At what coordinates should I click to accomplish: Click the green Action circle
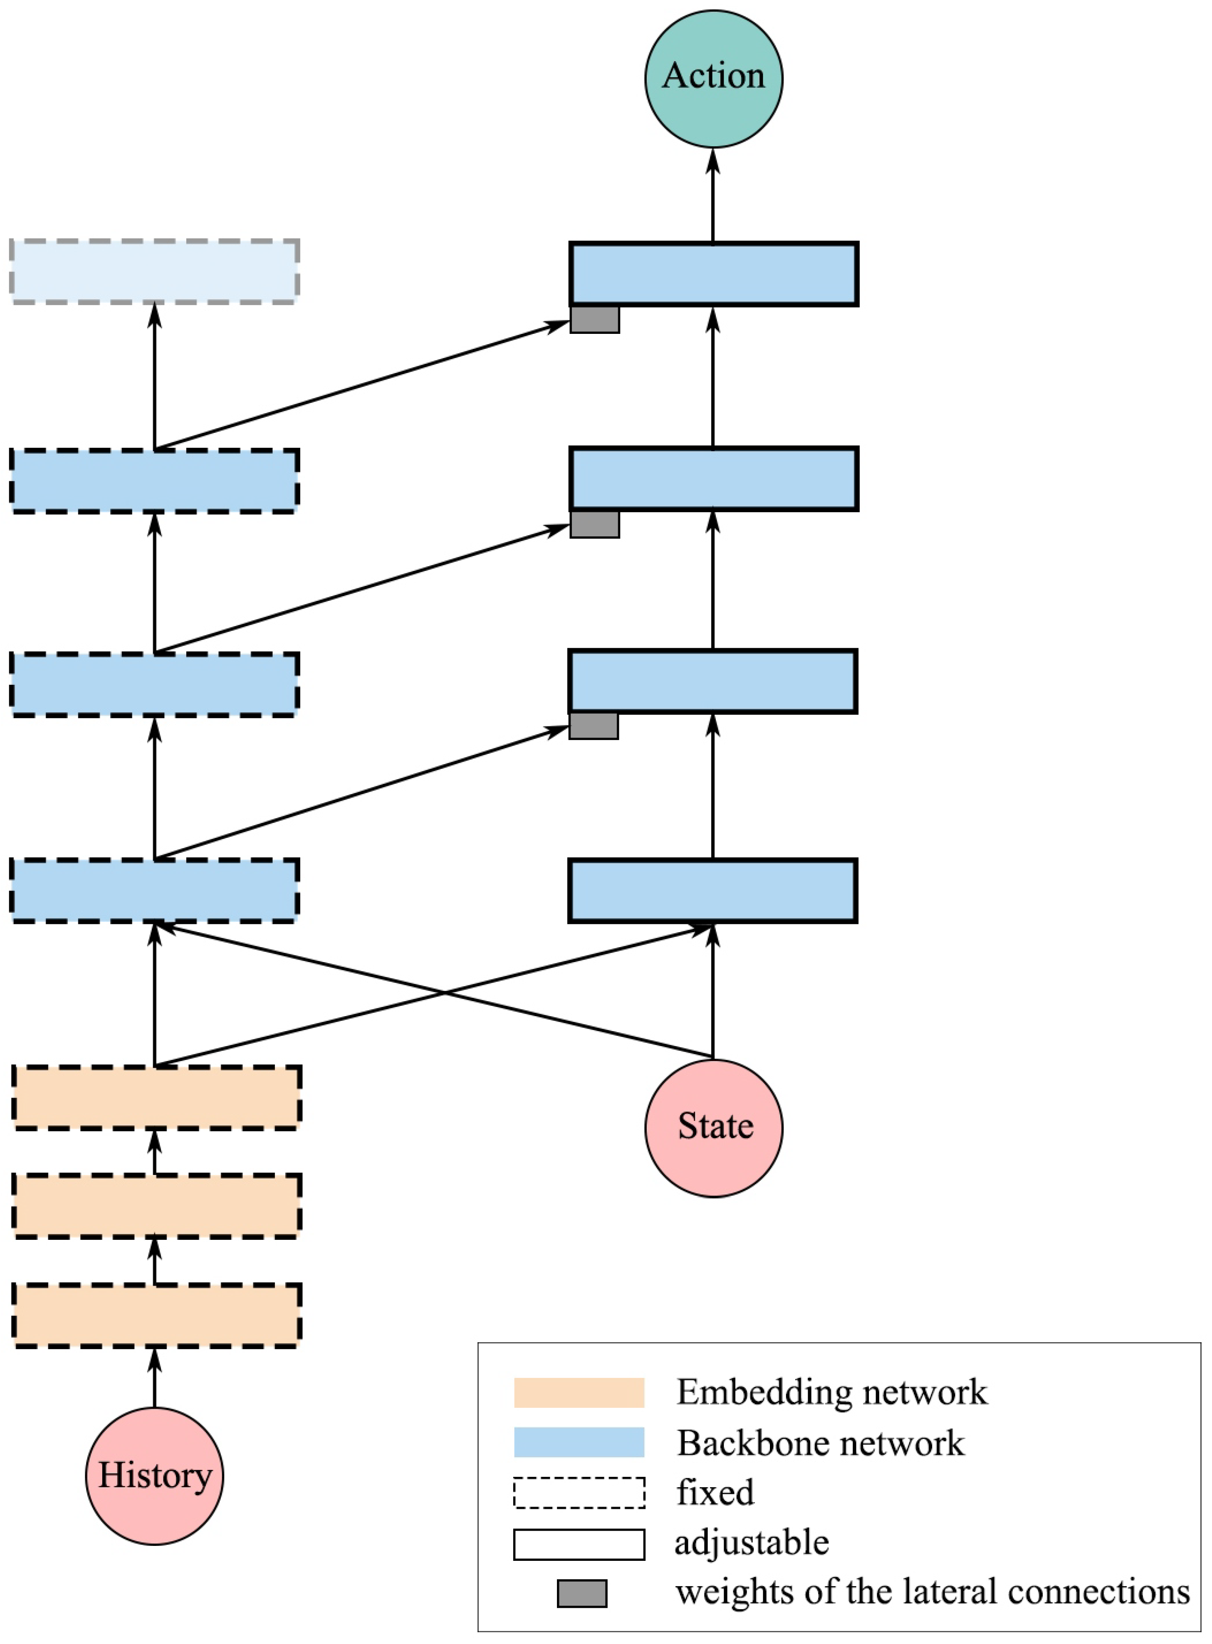click(x=713, y=79)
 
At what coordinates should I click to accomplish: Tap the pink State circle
click(x=713, y=1128)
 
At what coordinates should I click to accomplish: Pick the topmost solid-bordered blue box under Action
click(x=713, y=274)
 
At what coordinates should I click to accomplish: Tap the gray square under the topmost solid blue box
click(x=594, y=320)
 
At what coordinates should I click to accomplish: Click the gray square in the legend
click(x=582, y=1593)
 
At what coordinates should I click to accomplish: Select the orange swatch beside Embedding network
click(x=579, y=1392)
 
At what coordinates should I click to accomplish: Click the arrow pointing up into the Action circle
click(x=713, y=194)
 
